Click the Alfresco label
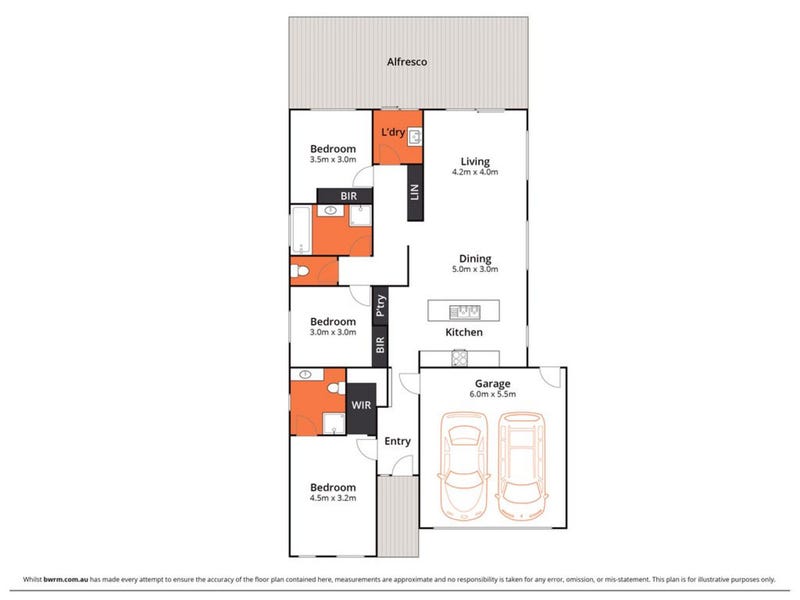[407, 62]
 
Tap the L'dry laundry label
[393, 132]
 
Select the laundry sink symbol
[415, 136]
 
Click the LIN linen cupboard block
[415, 192]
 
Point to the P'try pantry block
[380, 306]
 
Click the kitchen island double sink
[464, 311]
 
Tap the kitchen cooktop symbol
[459, 358]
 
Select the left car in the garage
[463, 466]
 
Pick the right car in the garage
[521, 466]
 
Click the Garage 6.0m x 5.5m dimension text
[492, 394]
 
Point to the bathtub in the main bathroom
[301, 230]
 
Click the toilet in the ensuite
[336, 388]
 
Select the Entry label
[397, 441]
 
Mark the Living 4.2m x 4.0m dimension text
[475, 172]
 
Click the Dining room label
[475, 259]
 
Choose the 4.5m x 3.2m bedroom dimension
[333, 498]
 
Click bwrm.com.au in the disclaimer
[66, 580]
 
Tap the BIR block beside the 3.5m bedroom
[344, 196]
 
